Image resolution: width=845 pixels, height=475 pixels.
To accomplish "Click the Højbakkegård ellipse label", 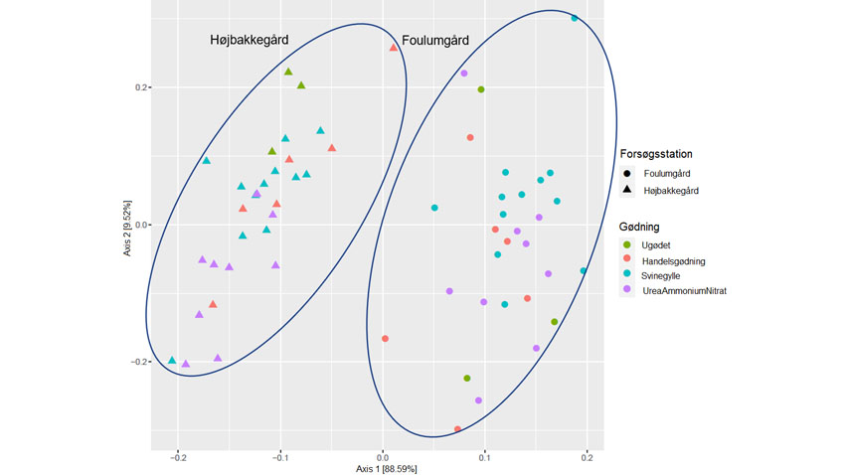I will [x=250, y=40].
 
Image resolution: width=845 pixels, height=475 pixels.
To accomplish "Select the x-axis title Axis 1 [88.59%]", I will [x=382, y=467].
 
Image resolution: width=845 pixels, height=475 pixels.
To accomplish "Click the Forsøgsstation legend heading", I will [x=656, y=154].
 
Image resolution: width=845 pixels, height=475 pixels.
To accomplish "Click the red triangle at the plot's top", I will [x=394, y=48].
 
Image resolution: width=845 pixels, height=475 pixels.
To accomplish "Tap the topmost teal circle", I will [x=575, y=18].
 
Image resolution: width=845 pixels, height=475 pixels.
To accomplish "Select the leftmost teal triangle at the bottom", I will [x=172, y=360].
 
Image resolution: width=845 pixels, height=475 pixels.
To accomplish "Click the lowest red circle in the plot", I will [x=457, y=429].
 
